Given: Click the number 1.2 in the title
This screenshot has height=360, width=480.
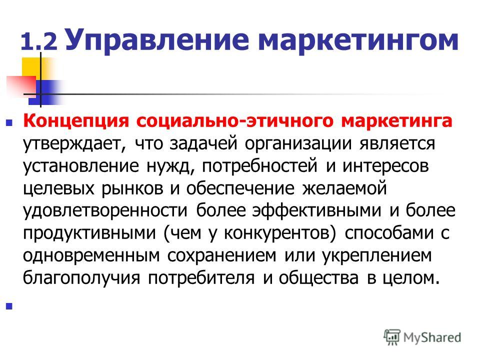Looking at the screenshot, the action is pyautogui.click(x=39, y=41).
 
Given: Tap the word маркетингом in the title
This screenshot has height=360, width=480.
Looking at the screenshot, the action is pyautogui.click(x=358, y=40).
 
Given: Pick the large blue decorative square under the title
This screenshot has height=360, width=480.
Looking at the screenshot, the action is pyautogui.click(x=43, y=92).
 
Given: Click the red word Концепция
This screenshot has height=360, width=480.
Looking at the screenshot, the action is pyautogui.click(x=76, y=121).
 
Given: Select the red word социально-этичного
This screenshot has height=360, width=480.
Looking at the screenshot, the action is pyautogui.click(x=234, y=121).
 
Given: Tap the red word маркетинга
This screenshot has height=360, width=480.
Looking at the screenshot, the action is pyautogui.click(x=396, y=121).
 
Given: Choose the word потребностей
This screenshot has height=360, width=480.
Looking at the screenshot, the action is pyautogui.click(x=259, y=166).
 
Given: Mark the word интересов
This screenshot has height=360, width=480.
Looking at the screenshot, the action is pyautogui.click(x=385, y=166).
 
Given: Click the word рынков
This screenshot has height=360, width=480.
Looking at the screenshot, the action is pyautogui.click(x=132, y=188).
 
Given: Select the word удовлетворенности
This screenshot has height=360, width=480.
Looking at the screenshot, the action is pyautogui.click(x=105, y=211).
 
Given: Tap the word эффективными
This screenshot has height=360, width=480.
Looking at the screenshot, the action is pyautogui.click(x=316, y=210).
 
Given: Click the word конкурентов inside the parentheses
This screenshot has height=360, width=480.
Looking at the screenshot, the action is pyautogui.click(x=277, y=233).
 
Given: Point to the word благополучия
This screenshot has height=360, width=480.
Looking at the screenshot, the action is pyautogui.click(x=81, y=278).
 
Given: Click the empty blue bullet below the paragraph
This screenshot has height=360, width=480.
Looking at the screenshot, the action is pyautogui.click(x=9, y=306).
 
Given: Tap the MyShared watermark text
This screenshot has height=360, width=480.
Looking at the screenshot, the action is pyautogui.click(x=432, y=337).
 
